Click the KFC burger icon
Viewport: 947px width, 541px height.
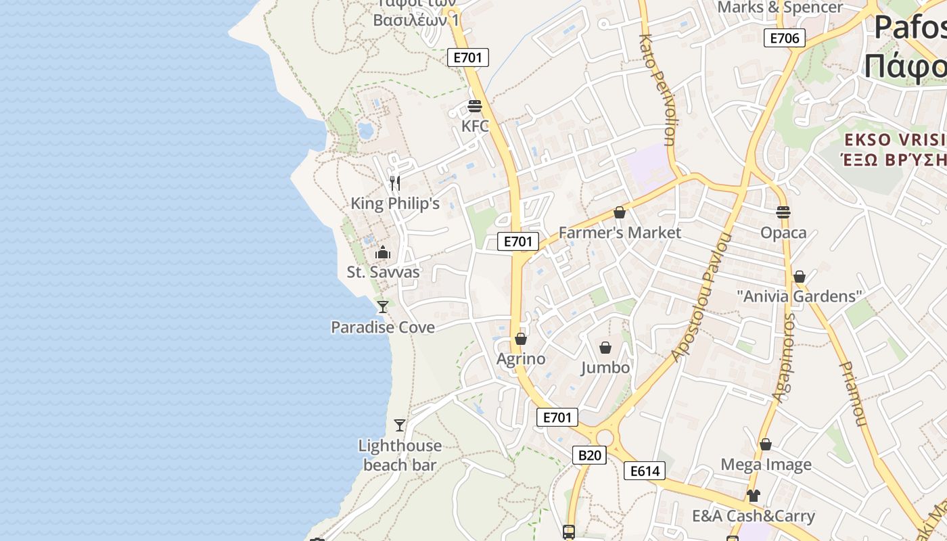(x=474, y=106)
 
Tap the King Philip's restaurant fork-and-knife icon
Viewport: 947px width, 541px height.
(x=395, y=183)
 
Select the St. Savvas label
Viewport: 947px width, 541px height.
(x=383, y=273)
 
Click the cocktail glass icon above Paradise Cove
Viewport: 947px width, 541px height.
(x=383, y=307)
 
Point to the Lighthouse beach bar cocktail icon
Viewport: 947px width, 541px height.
(x=400, y=425)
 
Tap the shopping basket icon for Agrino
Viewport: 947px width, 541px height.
(x=521, y=339)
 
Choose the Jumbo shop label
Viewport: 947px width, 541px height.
(x=605, y=368)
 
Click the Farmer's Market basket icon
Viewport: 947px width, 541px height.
(x=620, y=212)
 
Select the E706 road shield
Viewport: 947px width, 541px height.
(x=785, y=38)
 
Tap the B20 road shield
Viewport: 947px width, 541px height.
(x=589, y=455)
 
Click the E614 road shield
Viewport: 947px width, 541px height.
(x=645, y=471)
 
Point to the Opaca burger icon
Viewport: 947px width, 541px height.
(x=783, y=212)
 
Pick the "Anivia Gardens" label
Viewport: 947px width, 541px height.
(x=800, y=296)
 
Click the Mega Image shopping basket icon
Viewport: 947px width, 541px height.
(x=766, y=444)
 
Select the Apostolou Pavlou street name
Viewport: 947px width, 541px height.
(x=703, y=298)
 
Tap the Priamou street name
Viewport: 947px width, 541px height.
(x=853, y=394)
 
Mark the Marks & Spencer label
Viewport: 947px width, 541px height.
(x=780, y=7)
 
